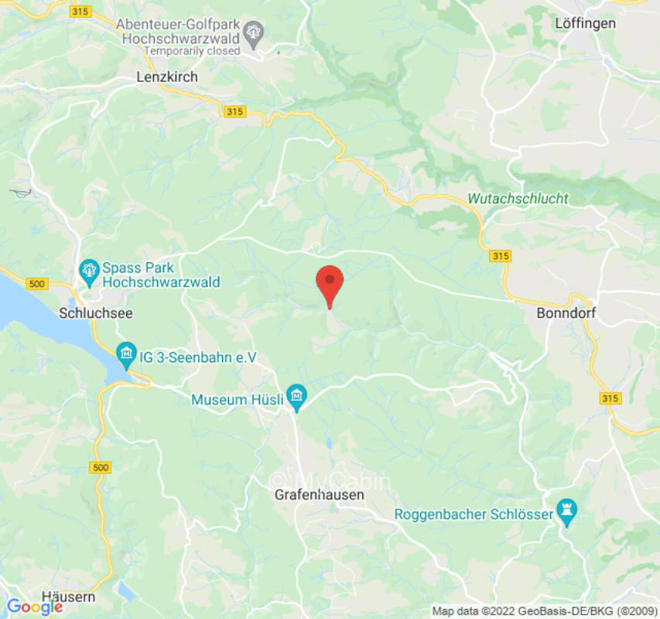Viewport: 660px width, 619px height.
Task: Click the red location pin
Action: pyautogui.click(x=330, y=283)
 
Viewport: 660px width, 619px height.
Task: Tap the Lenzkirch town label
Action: pyautogui.click(x=167, y=77)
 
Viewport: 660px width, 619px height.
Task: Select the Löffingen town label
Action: pyautogui.click(x=586, y=23)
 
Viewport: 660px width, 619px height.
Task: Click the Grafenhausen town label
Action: pyautogui.click(x=320, y=494)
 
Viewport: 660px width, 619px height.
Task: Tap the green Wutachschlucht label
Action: pyautogui.click(x=518, y=199)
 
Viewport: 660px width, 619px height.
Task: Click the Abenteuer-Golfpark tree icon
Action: pyautogui.click(x=253, y=32)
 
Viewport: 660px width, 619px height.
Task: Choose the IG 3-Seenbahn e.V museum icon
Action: pyautogui.click(x=125, y=356)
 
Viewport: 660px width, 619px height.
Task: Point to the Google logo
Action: pyautogui.click(x=34, y=607)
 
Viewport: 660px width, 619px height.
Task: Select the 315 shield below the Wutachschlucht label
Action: pyautogui.click(x=500, y=255)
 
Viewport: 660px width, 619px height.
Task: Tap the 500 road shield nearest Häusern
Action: pyautogui.click(x=100, y=467)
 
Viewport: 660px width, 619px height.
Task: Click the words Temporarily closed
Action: pyautogui.click(x=193, y=50)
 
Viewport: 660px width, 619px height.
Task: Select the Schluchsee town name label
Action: pyautogui.click(x=96, y=313)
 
